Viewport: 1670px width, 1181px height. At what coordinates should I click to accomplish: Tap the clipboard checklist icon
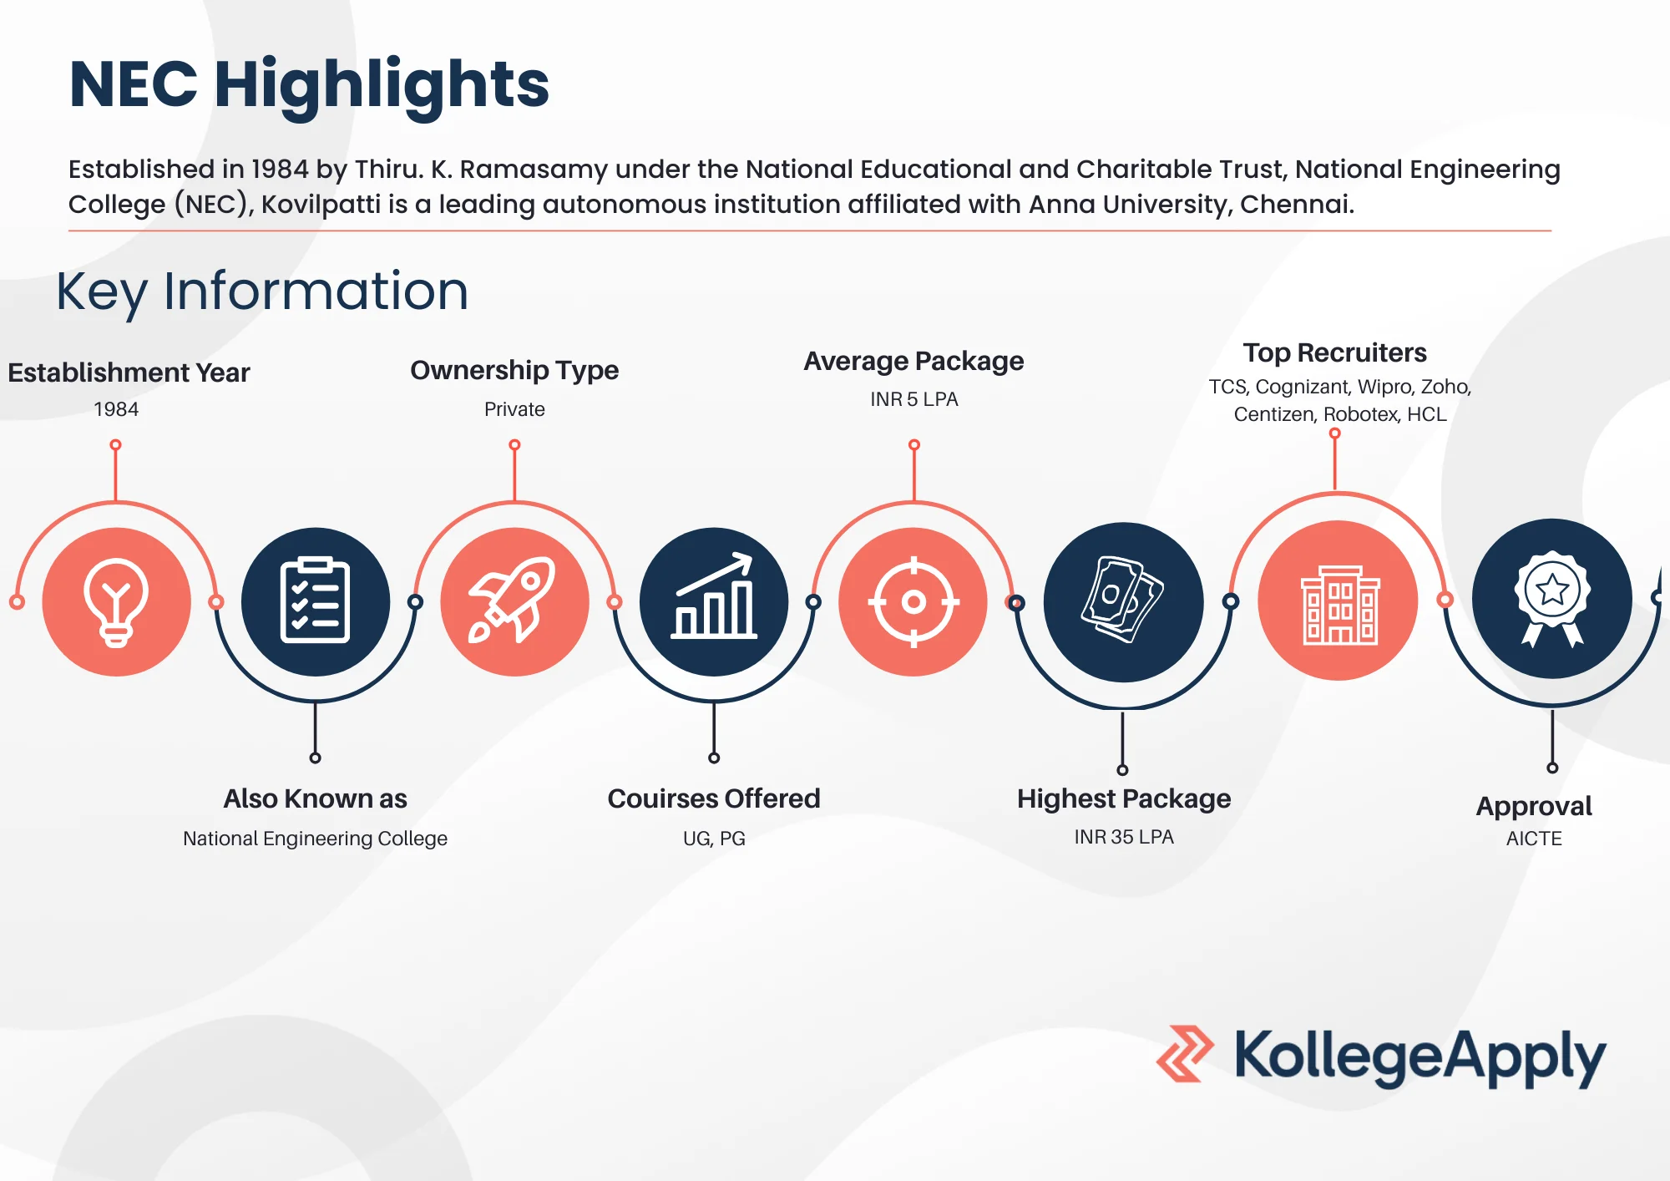[x=315, y=600]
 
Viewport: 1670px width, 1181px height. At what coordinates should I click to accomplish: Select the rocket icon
[x=513, y=600]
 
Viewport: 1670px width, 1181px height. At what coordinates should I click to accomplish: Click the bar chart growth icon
[x=714, y=596]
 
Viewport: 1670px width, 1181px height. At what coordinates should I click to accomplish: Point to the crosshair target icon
[x=913, y=601]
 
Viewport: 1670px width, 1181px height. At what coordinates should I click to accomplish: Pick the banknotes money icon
[x=1122, y=600]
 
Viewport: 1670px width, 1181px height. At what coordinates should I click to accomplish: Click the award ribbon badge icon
[x=1552, y=599]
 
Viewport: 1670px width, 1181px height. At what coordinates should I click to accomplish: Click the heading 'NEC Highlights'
[x=309, y=85]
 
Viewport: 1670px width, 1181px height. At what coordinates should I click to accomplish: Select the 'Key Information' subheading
[x=262, y=292]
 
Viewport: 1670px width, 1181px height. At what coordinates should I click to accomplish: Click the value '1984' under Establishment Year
[x=116, y=409]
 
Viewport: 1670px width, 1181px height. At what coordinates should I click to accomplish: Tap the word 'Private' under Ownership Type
[x=514, y=409]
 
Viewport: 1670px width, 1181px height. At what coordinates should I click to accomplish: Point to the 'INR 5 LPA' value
[x=914, y=399]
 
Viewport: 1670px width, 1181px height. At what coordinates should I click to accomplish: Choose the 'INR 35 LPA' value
[x=1124, y=837]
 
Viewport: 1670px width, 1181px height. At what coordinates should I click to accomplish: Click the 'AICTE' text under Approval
[x=1534, y=839]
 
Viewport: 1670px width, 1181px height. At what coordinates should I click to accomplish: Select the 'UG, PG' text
[x=714, y=839]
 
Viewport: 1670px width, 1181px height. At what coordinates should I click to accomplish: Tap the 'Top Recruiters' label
[x=1334, y=353]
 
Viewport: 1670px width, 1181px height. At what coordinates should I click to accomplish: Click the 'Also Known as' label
[x=315, y=798]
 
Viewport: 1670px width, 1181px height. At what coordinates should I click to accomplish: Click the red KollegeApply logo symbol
[x=1185, y=1054]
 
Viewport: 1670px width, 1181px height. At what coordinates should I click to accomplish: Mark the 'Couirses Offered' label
[x=714, y=798]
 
